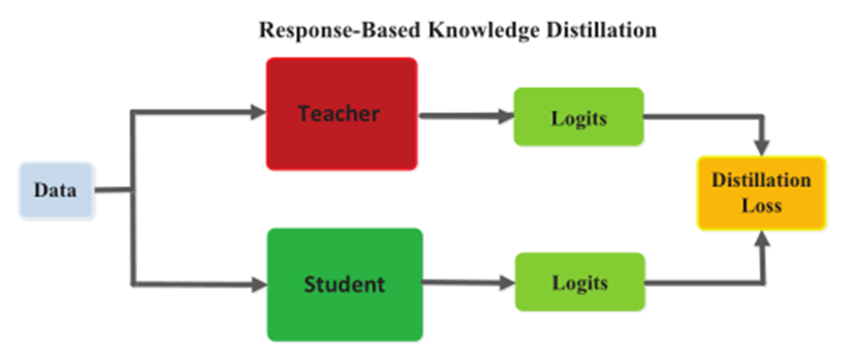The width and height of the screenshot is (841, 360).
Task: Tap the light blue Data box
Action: [x=56, y=191]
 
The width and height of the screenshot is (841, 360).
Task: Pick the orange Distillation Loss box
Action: [x=761, y=193]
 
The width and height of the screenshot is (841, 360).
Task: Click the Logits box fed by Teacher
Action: [x=579, y=117]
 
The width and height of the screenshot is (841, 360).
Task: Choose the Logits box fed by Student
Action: [x=579, y=282]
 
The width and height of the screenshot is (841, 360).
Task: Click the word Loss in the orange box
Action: [x=762, y=205]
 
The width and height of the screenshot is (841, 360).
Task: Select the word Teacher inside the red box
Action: [x=339, y=113]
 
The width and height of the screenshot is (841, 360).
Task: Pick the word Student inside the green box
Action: [x=344, y=283]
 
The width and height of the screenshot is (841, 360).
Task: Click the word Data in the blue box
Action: [x=55, y=191]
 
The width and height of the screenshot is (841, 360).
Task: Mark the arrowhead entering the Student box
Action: [x=259, y=284]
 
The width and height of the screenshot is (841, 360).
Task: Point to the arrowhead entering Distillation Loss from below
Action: [x=763, y=239]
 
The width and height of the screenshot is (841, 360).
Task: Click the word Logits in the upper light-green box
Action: [x=579, y=117]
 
